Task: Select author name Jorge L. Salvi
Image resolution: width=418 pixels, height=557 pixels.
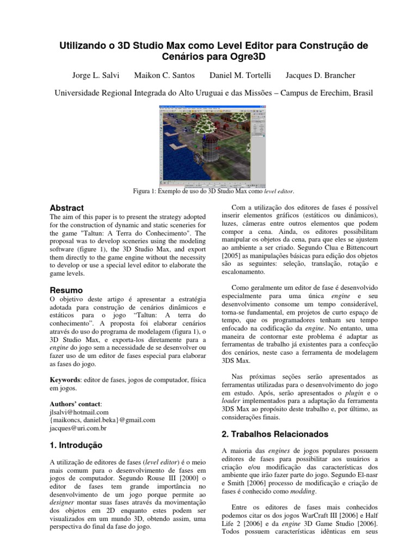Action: point(96,74)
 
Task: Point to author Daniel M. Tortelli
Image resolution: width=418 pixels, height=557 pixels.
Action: point(240,74)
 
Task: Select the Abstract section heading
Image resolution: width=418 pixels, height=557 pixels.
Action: point(67,208)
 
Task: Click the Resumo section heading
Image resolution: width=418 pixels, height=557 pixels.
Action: point(66,290)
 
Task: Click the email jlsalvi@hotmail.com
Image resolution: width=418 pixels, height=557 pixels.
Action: point(79,412)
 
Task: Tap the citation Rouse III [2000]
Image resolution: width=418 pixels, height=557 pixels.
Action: point(161,478)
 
